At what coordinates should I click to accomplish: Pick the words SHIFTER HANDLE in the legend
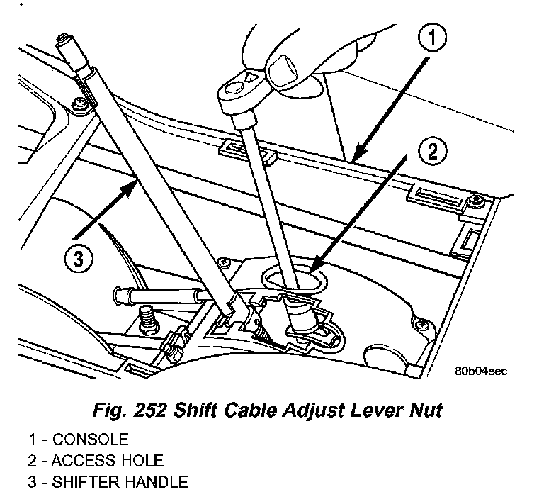pyautogui.click(x=124, y=483)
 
